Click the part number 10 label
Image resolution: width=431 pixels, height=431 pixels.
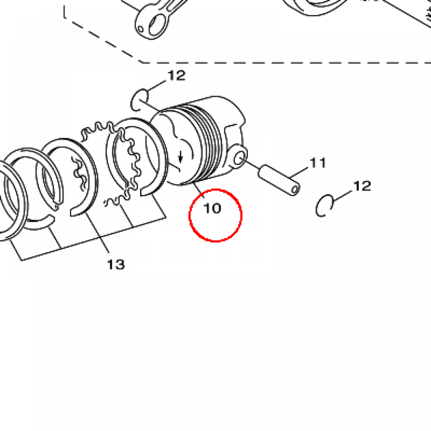coord(212,208)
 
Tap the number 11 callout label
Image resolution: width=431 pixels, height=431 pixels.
coord(318,162)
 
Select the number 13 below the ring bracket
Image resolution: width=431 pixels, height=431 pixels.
coord(116,264)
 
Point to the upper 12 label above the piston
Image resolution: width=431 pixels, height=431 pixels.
coord(176,76)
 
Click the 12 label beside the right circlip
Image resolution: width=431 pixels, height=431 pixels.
coord(362,186)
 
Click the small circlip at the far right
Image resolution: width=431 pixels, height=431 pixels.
coord(325,206)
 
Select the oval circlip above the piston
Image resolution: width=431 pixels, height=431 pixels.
coord(139,100)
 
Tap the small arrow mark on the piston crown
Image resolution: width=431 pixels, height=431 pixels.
coord(181,157)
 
